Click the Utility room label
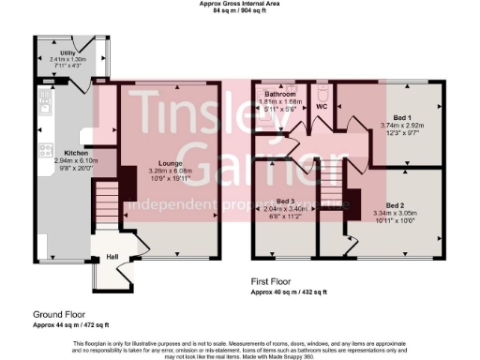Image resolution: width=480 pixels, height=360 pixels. pos(68,52)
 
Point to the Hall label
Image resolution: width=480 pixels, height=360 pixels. pos(112,256)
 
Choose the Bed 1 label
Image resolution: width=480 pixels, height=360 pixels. pos(403,116)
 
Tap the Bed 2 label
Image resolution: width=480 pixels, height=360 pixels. pos(395,204)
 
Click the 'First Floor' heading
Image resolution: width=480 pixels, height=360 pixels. pos(276,281)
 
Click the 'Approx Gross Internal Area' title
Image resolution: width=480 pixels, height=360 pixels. pos(239,4)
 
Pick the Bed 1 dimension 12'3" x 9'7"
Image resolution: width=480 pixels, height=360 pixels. pos(403,131)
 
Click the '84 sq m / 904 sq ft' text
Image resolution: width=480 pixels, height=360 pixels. pos(239,11)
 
